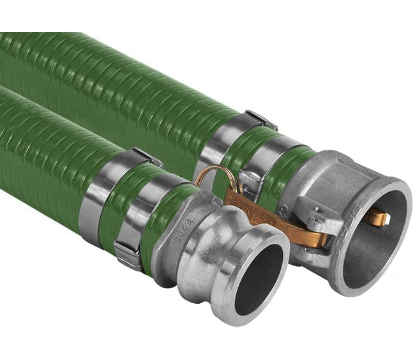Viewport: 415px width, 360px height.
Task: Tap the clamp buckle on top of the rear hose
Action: (x=260, y=119)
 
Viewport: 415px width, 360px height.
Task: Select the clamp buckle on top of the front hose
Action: (x=146, y=156)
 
